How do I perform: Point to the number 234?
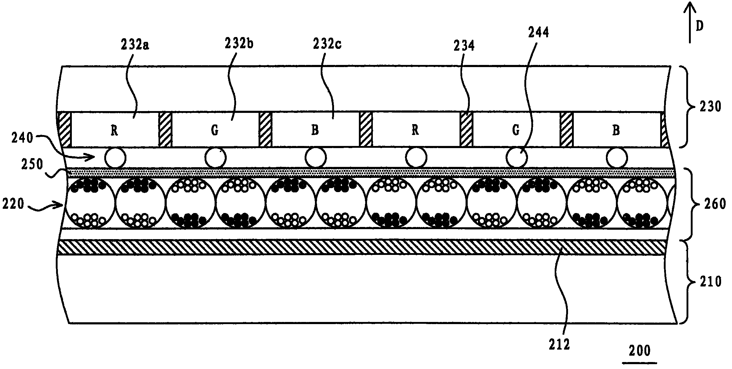click(464, 46)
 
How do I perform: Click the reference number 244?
click(538, 32)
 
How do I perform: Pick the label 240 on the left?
click(23, 138)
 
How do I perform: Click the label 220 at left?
click(13, 204)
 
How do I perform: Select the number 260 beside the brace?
click(714, 204)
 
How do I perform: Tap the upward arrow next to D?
click(689, 22)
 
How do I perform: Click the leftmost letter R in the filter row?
click(114, 131)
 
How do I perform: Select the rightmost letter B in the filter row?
click(616, 130)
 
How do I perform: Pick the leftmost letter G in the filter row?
click(214, 131)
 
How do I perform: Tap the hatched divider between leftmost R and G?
click(165, 130)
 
